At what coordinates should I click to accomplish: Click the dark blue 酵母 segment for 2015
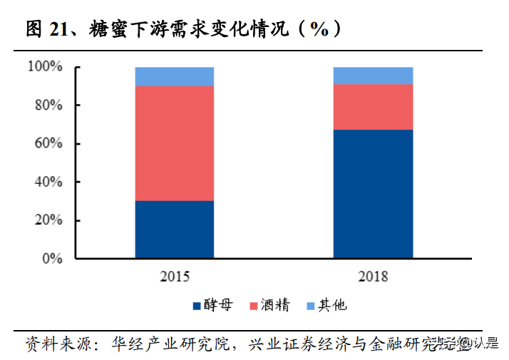pos(175,229)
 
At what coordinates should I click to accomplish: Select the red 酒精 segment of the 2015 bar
pos(175,143)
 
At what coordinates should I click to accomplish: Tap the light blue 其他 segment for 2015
pos(175,76)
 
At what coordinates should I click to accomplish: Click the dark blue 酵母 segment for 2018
pos(374,193)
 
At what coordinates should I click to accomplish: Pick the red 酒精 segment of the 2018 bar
pos(374,107)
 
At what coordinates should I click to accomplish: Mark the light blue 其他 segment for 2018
pos(374,76)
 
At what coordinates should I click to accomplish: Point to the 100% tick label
pos(46,67)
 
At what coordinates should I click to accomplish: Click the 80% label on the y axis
pos(48,106)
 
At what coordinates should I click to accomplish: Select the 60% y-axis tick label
pos(48,144)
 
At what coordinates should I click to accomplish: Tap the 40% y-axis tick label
pos(48,182)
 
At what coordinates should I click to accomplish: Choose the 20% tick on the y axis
pos(48,221)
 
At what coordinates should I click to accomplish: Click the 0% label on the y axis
pos(52,259)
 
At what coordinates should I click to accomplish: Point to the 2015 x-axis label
pos(175,277)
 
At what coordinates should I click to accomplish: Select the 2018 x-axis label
pos(374,277)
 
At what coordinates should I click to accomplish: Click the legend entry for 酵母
pos(212,306)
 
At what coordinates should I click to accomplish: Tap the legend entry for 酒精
pos(269,306)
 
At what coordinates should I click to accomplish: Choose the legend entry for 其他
pos(326,306)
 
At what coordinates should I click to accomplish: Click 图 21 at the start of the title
pos(47,29)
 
